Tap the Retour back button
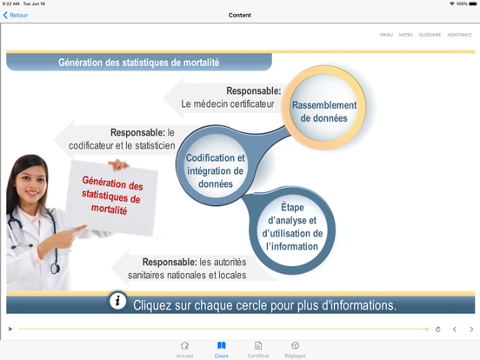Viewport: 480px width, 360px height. point(16,15)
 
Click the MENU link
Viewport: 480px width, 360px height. point(386,35)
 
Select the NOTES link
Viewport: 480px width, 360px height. point(405,35)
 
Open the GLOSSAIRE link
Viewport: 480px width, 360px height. point(430,35)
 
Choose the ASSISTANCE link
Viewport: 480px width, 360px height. point(459,35)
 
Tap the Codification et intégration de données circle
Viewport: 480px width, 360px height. point(216,170)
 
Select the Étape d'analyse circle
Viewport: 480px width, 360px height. point(292,227)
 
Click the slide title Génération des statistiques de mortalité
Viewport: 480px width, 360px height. point(139,63)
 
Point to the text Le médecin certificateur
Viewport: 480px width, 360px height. point(228,103)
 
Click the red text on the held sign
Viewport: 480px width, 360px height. point(113,197)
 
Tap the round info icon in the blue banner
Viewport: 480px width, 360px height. point(117,302)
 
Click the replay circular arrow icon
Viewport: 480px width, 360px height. point(437,330)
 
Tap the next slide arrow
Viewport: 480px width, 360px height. point(471,330)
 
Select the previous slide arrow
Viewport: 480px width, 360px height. point(455,330)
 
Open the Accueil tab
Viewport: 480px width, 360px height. point(184,349)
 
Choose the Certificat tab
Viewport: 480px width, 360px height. point(258,349)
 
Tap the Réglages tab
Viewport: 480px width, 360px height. point(295,349)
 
